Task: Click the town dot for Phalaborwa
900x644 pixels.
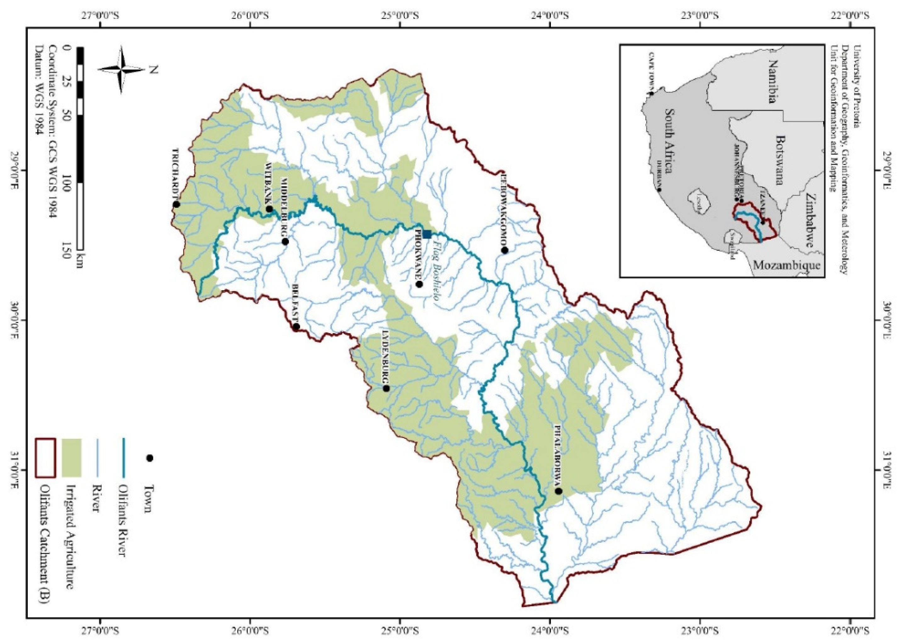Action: pos(559,491)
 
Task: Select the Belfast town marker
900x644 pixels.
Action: pos(296,327)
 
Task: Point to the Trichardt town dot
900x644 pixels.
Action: pos(176,204)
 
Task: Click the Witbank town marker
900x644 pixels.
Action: pos(269,209)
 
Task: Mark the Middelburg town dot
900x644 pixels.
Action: pos(285,241)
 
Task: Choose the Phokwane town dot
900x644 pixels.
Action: pos(420,284)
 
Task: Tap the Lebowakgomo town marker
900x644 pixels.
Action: pos(504,250)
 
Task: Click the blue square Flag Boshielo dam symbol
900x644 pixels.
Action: pos(427,234)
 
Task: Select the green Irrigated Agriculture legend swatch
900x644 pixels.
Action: pos(72,458)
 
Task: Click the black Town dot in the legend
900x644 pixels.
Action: pos(150,458)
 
